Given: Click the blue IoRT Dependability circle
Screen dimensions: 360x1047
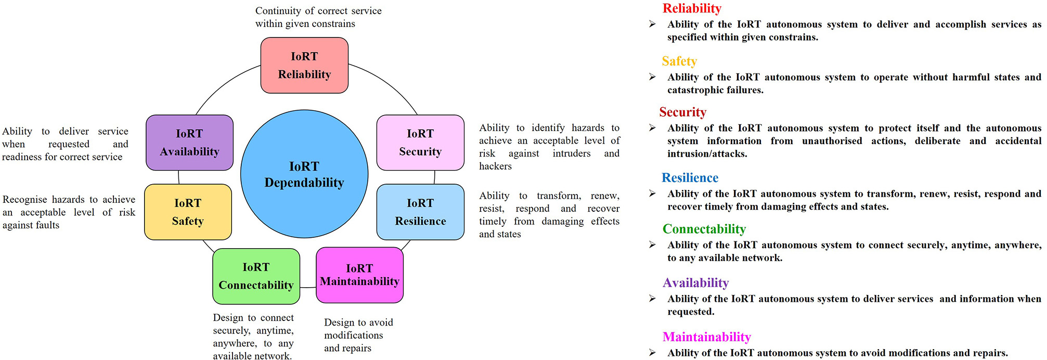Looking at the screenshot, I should [x=304, y=174].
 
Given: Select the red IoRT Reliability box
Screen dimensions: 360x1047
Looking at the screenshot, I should [x=304, y=65].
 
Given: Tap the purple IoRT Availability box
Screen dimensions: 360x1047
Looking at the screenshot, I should [x=189, y=143].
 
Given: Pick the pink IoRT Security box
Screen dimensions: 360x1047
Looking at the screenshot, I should [x=420, y=143].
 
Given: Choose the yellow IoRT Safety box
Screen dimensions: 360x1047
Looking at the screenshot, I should [x=188, y=212].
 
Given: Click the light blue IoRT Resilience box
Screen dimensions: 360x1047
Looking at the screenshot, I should [x=420, y=212].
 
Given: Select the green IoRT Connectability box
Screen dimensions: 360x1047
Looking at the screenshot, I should [x=256, y=276].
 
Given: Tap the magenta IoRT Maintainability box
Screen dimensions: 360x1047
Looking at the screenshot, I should [x=359, y=275].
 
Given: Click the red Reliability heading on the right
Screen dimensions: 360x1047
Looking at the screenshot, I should [x=691, y=8].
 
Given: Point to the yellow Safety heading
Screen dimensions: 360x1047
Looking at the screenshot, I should [x=679, y=61].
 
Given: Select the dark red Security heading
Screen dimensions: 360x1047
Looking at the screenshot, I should [x=682, y=112].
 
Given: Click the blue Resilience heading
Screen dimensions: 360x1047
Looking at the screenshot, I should [x=690, y=178].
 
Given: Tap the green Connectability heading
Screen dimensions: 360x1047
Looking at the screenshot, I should [x=704, y=229].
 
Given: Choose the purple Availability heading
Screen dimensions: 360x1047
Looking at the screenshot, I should [x=695, y=283].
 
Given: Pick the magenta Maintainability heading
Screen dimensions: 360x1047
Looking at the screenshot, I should [x=706, y=337].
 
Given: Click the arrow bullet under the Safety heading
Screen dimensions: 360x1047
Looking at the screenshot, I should [x=652, y=77].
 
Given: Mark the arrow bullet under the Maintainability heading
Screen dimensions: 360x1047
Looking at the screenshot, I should [x=652, y=353].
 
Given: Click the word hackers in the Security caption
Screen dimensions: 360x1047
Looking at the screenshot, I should [x=495, y=166].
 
